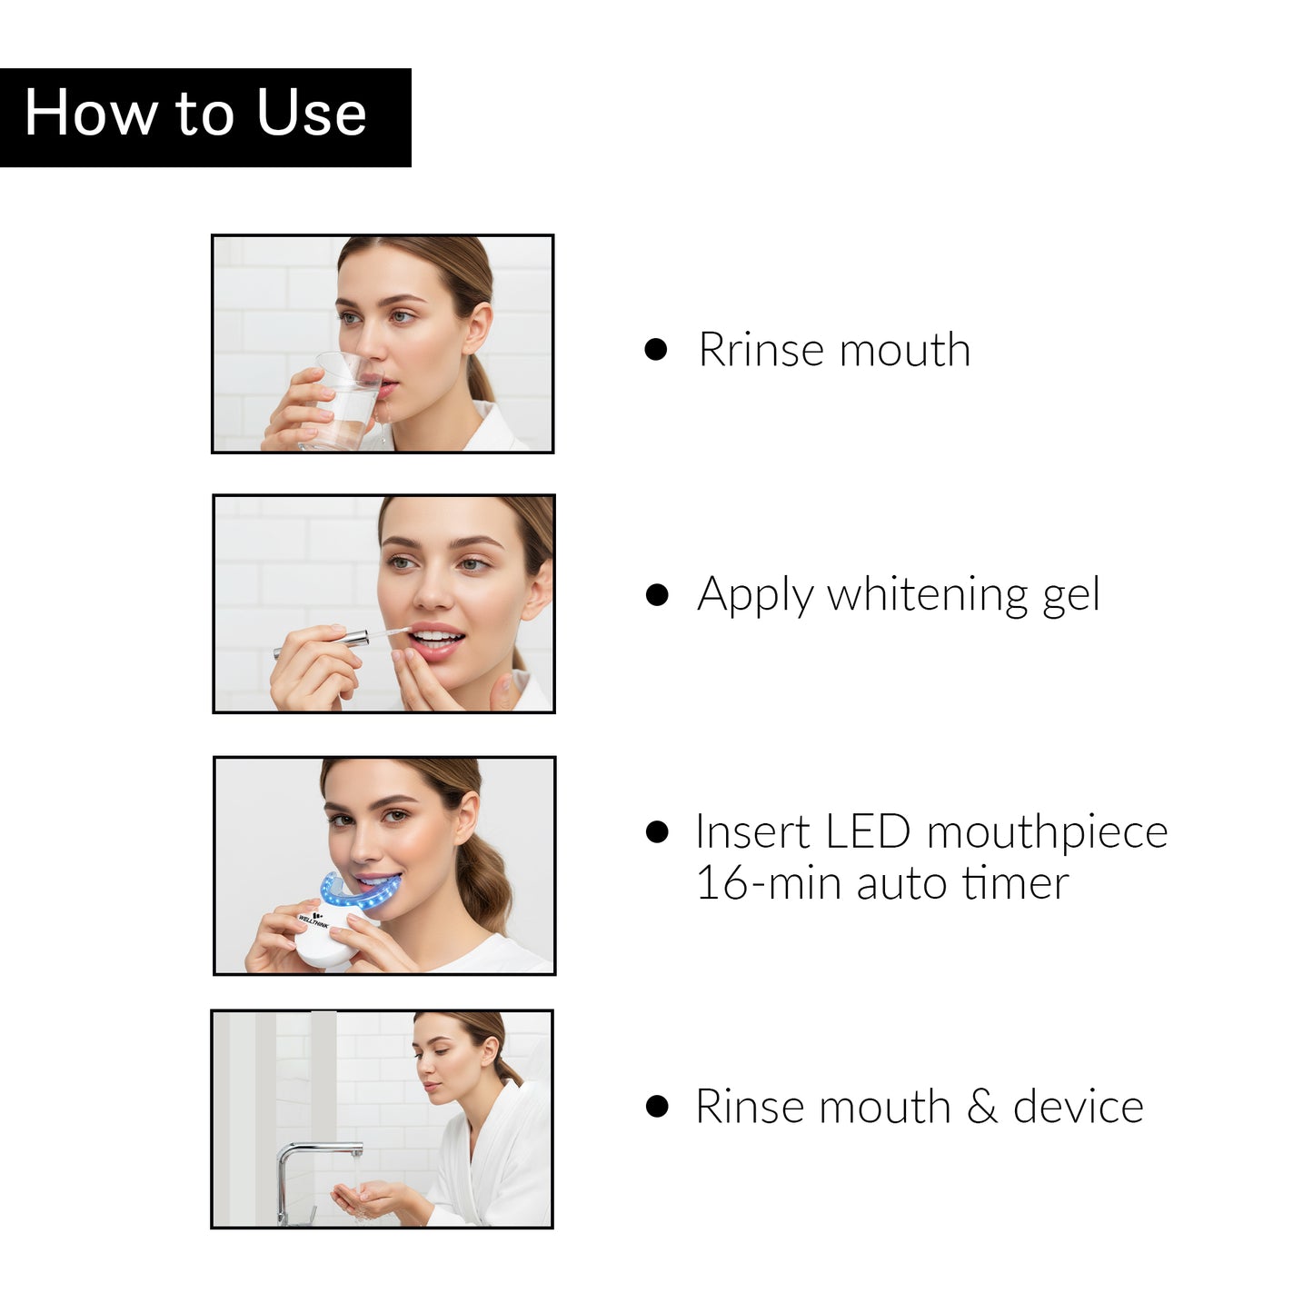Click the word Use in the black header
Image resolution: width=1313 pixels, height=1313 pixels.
pyautogui.click(x=311, y=114)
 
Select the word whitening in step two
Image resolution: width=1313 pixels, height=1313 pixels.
pyautogui.click(x=927, y=595)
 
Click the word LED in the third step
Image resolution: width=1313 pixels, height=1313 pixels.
pyautogui.click(x=868, y=831)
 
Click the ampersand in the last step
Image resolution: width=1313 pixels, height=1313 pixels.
pyautogui.click(x=981, y=1107)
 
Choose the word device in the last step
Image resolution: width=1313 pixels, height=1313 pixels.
pyautogui.click(x=1078, y=1107)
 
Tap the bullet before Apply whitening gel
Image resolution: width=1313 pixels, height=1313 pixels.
pyautogui.click(x=657, y=595)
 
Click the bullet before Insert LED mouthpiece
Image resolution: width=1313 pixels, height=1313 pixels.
pyautogui.click(x=657, y=831)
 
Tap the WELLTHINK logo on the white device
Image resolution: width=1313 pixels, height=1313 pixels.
pyautogui.click(x=313, y=920)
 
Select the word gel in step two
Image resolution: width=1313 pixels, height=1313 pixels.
pyautogui.click(x=1070, y=595)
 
